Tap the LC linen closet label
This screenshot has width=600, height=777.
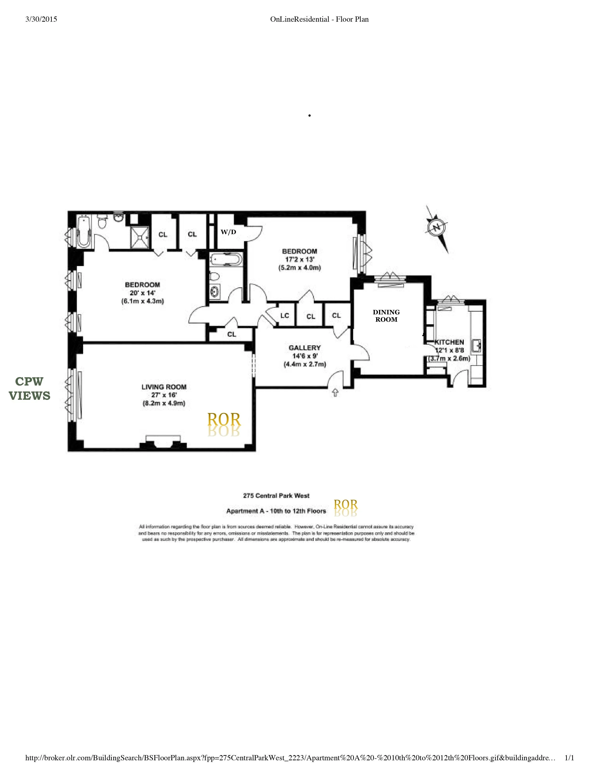[x=285, y=316]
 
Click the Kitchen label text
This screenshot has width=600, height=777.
[x=449, y=342]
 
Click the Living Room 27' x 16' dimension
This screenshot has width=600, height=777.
[x=164, y=395]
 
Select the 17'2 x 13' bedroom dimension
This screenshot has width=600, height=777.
[x=299, y=259]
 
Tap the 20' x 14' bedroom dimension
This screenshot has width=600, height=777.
[x=142, y=293]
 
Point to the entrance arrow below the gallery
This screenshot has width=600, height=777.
[x=335, y=393]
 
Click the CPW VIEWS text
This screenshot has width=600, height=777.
[x=29, y=388]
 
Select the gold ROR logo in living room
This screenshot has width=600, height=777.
[x=224, y=420]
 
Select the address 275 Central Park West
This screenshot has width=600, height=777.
[x=276, y=496]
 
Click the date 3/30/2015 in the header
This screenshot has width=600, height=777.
[x=41, y=20]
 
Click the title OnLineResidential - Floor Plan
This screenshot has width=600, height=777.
[x=319, y=20]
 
